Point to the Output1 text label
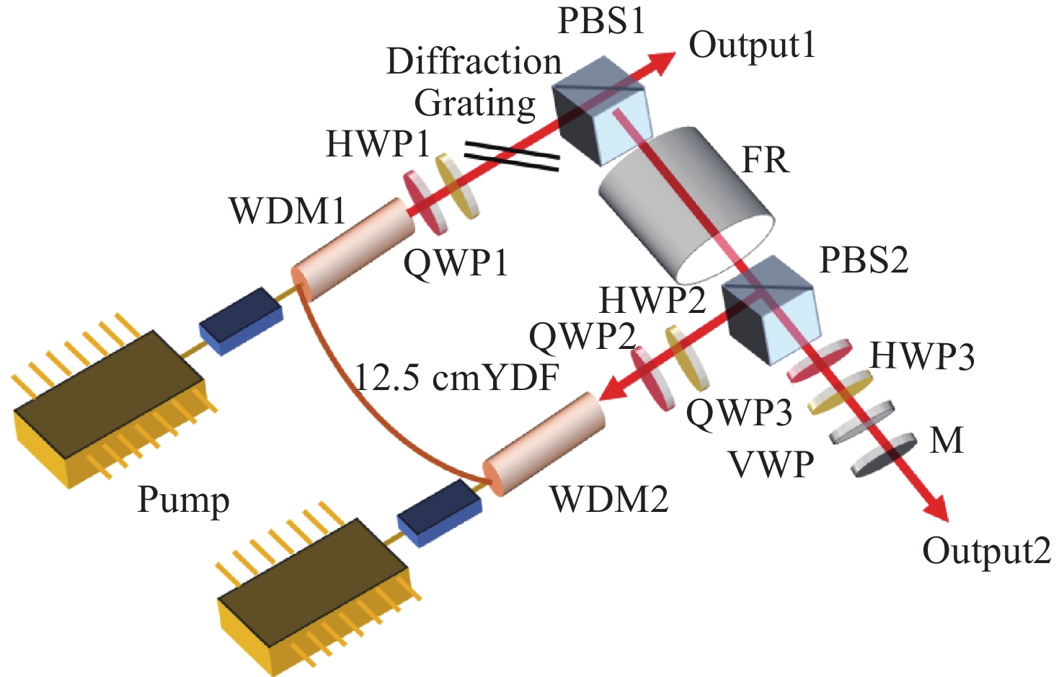(x=752, y=45)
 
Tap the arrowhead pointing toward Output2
(x=934, y=508)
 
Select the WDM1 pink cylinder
(x=353, y=249)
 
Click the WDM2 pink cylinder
(x=544, y=443)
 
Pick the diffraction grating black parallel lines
(x=511, y=156)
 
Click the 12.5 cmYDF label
(x=456, y=379)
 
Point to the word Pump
(x=183, y=501)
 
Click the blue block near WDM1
(x=241, y=321)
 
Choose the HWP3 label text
(x=922, y=356)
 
